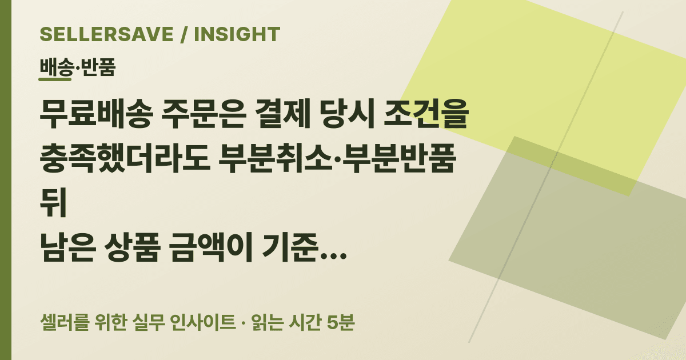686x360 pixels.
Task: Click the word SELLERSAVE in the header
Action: pos(106,34)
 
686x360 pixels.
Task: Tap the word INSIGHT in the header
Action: pos(237,34)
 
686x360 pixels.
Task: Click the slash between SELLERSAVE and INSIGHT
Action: pos(184,34)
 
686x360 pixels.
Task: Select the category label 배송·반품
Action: pos(78,67)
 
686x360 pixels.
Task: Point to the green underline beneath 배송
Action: pos(55,79)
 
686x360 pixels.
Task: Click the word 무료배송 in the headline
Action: pos(96,114)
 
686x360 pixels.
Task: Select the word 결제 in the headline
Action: pos(282,114)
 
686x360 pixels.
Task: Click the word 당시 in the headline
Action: pos(347,114)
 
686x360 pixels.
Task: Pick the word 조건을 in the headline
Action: pos(426,114)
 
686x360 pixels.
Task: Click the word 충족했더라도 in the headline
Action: pos(125,159)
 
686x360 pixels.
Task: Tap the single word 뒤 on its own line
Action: pos(53,203)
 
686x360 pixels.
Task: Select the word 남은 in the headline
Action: pos(67,247)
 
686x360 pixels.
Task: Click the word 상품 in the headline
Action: pos(132,247)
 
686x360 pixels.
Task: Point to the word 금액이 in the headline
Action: pos(212,247)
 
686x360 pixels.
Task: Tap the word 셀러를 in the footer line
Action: pos(65,322)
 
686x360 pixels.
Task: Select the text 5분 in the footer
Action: pos(341,322)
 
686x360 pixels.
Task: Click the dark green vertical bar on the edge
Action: pos(6,180)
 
